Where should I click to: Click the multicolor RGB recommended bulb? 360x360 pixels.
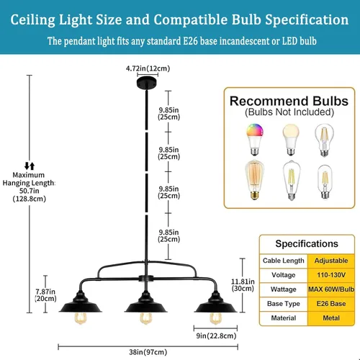click(254, 139)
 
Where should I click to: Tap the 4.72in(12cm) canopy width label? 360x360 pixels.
click(148, 68)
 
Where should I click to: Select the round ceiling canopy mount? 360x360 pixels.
click(147, 83)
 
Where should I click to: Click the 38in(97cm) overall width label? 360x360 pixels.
click(148, 352)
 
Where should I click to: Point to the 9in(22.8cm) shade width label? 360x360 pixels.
click(216, 336)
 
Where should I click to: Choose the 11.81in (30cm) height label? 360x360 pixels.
click(243, 285)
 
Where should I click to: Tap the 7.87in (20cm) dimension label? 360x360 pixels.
click(45, 295)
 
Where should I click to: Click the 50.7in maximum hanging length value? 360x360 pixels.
click(30, 191)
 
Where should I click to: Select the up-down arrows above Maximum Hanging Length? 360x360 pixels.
click(30, 166)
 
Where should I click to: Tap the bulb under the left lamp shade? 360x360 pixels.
click(81, 318)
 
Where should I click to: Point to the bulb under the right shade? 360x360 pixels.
click(215, 318)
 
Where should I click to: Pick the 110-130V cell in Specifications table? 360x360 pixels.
click(331, 275)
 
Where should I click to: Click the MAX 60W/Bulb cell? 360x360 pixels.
click(331, 289)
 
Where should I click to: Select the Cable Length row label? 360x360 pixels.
click(284, 261)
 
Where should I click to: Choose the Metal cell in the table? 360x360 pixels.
click(331, 318)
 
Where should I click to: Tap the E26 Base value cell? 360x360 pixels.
click(331, 304)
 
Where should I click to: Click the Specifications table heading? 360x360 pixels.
click(307, 244)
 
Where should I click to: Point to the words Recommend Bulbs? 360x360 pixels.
click(289, 101)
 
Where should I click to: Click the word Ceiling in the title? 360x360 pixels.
click(33, 19)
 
